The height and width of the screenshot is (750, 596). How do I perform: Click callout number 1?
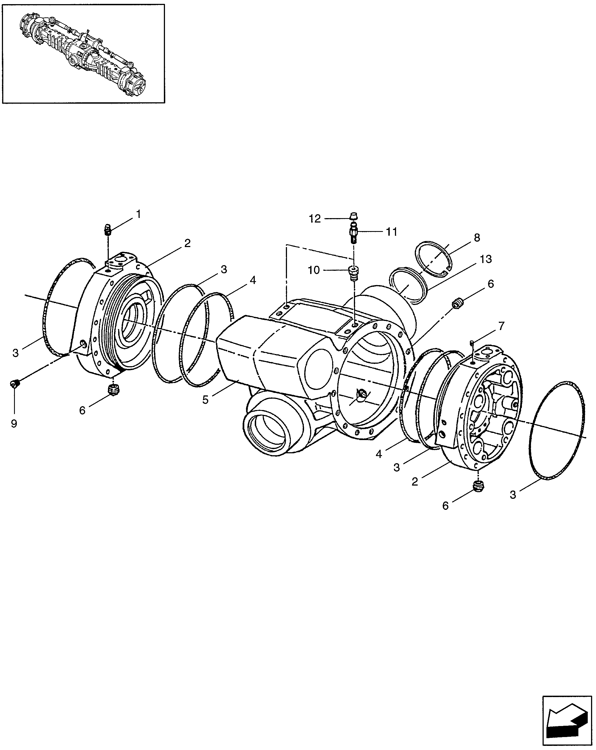tap(138, 214)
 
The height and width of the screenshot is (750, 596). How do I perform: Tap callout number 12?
tap(315, 219)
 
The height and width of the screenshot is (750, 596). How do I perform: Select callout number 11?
tap(392, 232)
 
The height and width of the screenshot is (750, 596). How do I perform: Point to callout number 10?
tap(314, 270)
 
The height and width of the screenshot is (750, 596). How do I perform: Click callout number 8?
tap(477, 238)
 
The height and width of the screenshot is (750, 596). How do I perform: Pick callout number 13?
tap(486, 259)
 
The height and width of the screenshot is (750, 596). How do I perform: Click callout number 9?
tap(14, 424)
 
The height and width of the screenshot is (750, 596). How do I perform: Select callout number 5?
tap(205, 400)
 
